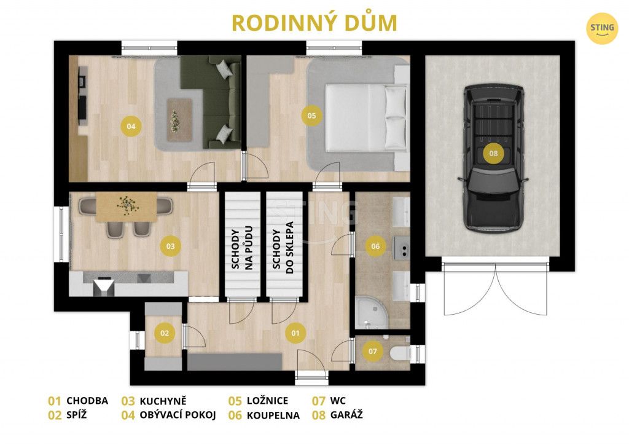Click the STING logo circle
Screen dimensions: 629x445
click(602, 28)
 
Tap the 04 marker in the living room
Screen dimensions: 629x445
click(131, 127)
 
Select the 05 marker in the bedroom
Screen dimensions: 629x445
click(311, 116)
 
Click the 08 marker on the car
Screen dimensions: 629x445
click(493, 153)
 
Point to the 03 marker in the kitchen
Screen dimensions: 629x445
click(171, 246)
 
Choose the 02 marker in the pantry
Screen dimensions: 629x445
click(165, 333)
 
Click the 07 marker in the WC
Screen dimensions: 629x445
click(373, 352)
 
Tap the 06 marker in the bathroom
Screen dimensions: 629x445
click(375, 246)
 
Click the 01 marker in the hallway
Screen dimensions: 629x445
click(295, 333)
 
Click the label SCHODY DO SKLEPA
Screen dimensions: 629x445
click(283, 248)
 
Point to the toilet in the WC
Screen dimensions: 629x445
click(400, 353)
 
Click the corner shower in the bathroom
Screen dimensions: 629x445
click(372, 313)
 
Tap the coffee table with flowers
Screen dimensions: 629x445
click(180, 120)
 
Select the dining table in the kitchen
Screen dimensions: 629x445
click(127, 207)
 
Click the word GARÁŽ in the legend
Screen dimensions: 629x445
click(346, 414)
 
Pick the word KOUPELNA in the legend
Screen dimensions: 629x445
click(273, 415)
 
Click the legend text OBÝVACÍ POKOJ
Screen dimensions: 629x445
click(178, 414)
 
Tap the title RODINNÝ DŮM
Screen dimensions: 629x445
click(314, 23)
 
